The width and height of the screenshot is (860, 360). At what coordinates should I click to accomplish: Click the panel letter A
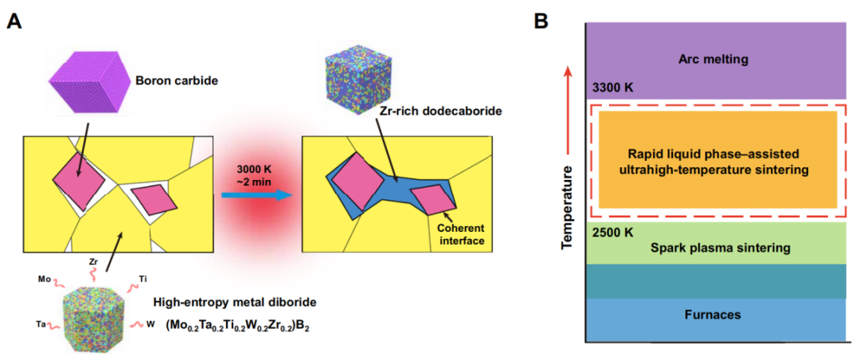14,21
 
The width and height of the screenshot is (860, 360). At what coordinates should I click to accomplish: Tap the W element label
150,324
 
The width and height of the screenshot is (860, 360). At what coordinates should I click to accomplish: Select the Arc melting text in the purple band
714,59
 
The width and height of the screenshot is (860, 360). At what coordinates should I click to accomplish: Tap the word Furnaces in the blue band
714,315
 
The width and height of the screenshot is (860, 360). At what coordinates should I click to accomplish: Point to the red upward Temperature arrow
567,112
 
